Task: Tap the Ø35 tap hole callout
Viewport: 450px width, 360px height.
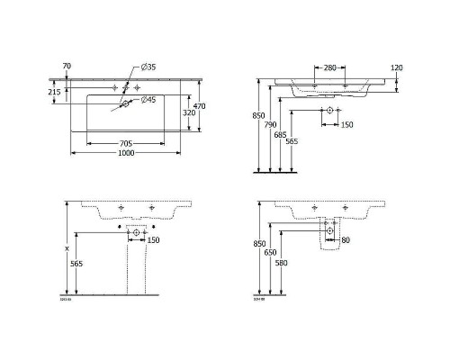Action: [149, 69]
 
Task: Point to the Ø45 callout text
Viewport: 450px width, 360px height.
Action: [150, 98]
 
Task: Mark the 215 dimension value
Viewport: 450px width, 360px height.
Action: [53, 92]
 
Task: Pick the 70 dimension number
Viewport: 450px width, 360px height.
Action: [66, 66]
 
